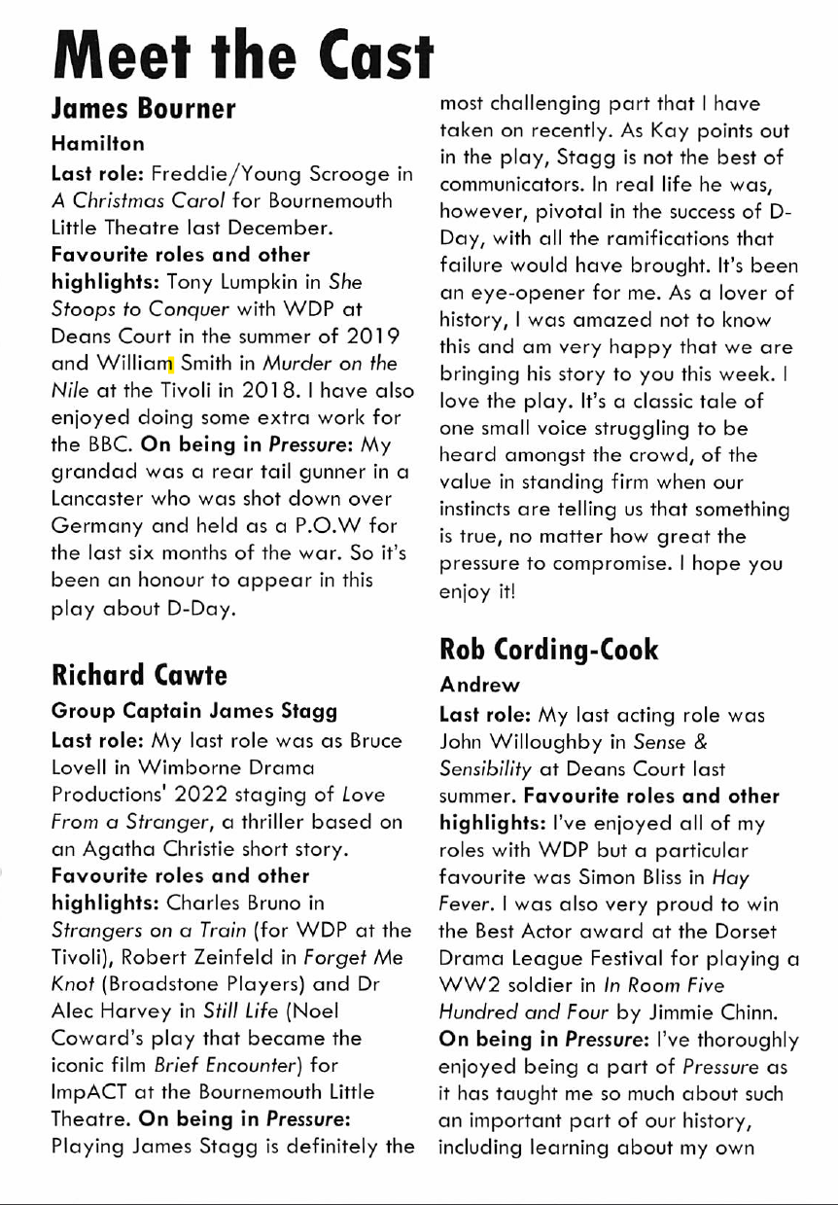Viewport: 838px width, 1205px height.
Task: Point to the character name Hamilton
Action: [x=98, y=143]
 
